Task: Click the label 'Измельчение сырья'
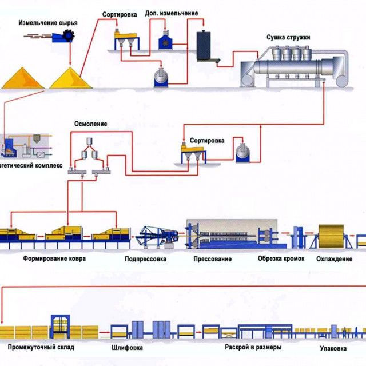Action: (x=48, y=23)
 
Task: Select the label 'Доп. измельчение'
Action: (x=172, y=13)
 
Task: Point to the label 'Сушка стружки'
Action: (x=288, y=38)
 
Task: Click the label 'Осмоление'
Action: (x=90, y=124)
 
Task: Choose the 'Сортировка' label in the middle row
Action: (x=208, y=140)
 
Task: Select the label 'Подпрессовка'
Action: (x=145, y=259)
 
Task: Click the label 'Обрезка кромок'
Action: (x=279, y=259)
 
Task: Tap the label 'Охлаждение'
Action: (x=335, y=259)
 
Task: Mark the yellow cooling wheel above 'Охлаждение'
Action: (x=333, y=235)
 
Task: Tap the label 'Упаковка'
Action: (x=331, y=347)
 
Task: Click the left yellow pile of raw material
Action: (x=23, y=78)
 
